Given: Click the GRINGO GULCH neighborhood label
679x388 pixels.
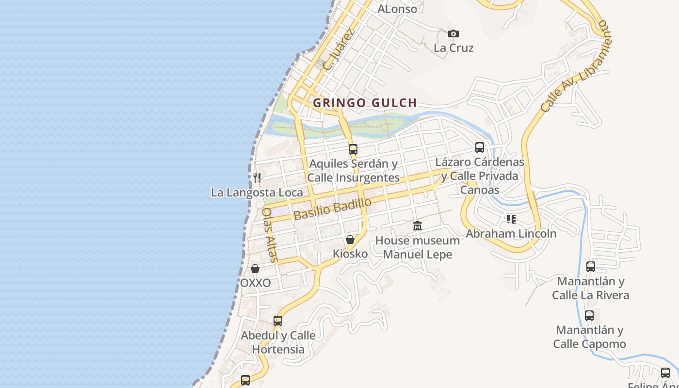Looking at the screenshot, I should pyautogui.click(x=365, y=103).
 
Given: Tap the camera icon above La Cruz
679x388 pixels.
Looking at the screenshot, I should pyautogui.click(x=453, y=33).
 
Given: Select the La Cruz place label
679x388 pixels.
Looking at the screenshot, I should pyautogui.click(x=453, y=48).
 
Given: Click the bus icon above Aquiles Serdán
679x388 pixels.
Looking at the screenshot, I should pyautogui.click(x=353, y=149).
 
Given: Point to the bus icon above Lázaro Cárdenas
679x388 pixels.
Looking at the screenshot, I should pyautogui.click(x=480, y=147).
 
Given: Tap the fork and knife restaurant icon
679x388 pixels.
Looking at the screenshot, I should pyautogui.click(x=257, y=178).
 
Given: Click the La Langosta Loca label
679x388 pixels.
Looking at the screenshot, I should pyautogui.click(x=257, y=193).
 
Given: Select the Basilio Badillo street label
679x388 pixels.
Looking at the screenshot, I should pyautogui.click(x=333, y=209).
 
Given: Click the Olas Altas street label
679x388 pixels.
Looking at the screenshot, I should pyautogui.click(x=270, y=235).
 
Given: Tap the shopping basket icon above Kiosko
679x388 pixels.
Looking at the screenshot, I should pyautogui.click(x=350, y=240).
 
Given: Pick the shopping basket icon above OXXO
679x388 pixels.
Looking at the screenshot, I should pyautogui.click(x=255, y=269).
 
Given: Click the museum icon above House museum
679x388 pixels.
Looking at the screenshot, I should pyautogui.click(x=418, y=226).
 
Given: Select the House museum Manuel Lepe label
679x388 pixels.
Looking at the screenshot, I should pyautogui.click(x=418, y=247).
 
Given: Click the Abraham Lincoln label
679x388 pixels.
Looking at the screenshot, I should pyautogui.click(x=511, y=234).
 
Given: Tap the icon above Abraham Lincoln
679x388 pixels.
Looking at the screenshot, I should pyautogui.click(x=511, y=219).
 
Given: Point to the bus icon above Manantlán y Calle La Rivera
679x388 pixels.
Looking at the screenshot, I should pyautogui.click(x=591, y=266).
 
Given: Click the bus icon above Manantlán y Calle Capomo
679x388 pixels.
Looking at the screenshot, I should pyautogui.click(x=589, y=316).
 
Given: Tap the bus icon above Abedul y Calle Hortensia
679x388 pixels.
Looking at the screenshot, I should pyautogui.click(x=278, y=321).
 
